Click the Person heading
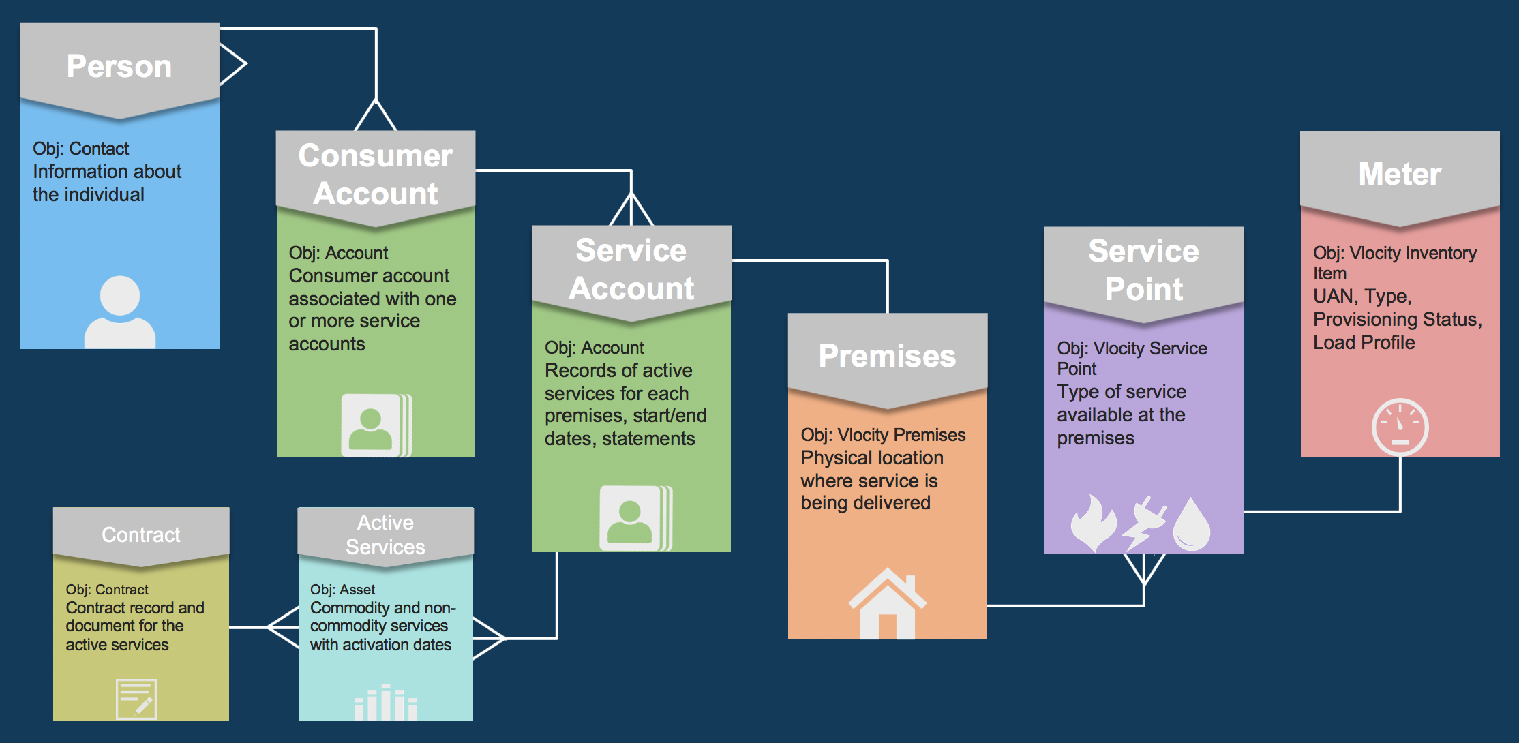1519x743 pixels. [x=119, y=67]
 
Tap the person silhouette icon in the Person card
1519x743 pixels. [x=120, y=313]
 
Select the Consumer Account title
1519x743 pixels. [x=376, y=175]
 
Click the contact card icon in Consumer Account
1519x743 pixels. [x=376, y=425]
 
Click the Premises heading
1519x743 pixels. [x=887, y=356]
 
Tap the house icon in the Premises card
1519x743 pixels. [x=887, y=604]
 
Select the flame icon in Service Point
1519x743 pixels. [x=1093, y=523]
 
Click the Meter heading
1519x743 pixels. [x=1400, y=174]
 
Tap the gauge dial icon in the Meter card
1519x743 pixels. [x=1400, y=427]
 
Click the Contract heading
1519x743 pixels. [x=141, y=534]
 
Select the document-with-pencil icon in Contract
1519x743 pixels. [x=136, y=699]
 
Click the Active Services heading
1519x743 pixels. [x=385, y=534]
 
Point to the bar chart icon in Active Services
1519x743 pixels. [x=385, y=703]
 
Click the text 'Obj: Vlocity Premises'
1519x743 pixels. [x=883, y=435]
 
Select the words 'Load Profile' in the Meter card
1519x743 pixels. [x=1364, y=342]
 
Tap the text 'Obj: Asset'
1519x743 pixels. [x=342, y=590]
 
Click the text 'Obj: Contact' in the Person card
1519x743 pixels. [x=80, y=149]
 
